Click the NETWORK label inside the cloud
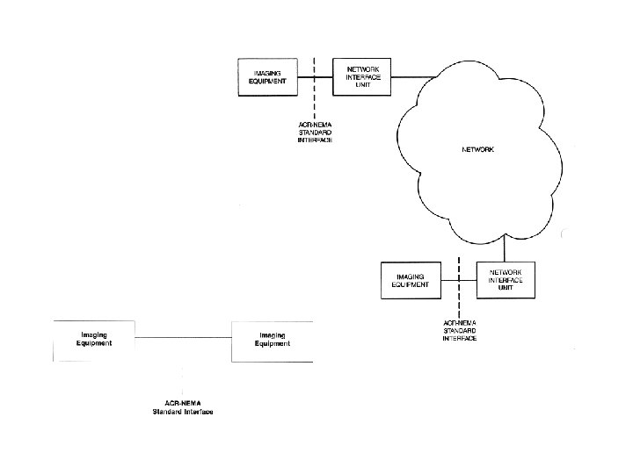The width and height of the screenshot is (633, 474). click(478, 150)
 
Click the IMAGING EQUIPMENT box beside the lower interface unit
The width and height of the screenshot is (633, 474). click(410, 281)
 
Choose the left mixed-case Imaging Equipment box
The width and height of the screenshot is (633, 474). click(94, 341)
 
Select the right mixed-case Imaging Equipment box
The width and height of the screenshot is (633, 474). click(273, 341)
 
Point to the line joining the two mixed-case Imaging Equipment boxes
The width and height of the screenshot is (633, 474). click(183, 337)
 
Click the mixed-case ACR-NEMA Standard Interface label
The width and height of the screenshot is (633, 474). click(183, 406)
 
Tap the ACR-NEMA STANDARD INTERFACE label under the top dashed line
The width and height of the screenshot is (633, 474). click(315, 132)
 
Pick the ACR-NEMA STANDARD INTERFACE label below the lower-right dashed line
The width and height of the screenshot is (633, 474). click(459, 331)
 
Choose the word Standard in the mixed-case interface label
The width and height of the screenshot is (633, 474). click(165, 412)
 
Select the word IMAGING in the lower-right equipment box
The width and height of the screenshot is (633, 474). click(411, 276)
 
